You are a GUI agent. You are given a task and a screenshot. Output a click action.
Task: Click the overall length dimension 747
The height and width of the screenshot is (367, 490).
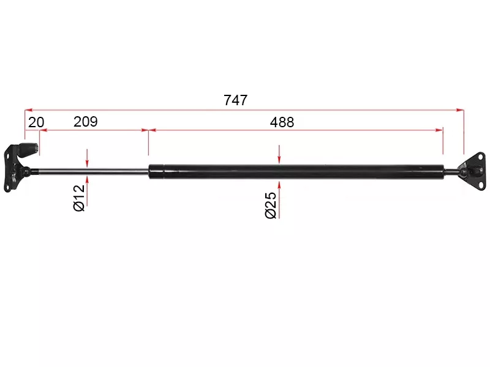236,100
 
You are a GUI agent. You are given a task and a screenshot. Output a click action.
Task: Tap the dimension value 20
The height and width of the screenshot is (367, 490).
36,122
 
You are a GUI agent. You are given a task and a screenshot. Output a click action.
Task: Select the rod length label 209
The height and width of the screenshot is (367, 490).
86,121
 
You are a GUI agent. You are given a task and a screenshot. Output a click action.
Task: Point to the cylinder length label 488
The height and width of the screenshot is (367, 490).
282,122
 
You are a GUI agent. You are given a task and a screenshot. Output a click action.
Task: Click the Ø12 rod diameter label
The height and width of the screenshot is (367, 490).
79,198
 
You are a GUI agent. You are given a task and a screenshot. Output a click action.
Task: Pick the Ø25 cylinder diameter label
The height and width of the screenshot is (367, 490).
271,205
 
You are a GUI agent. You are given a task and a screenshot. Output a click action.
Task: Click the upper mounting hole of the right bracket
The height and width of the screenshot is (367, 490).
480,158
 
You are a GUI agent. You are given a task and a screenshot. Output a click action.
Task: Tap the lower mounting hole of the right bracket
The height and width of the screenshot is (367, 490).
480,185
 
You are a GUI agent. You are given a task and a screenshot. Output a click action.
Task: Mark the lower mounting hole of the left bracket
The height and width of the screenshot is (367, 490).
6,188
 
